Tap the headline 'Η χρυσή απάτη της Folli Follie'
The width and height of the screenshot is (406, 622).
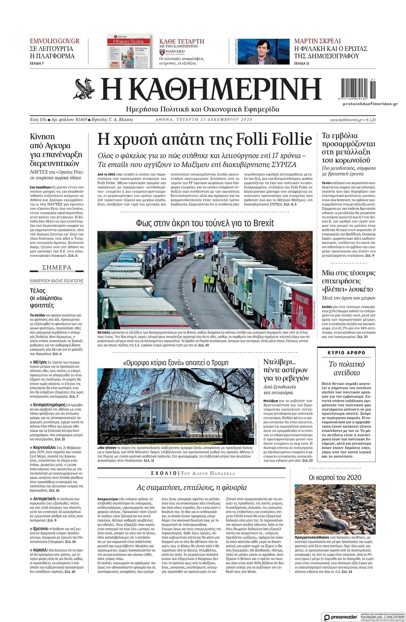204,138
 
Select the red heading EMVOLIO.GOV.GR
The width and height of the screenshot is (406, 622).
55,41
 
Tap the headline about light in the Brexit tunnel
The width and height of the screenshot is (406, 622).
205,223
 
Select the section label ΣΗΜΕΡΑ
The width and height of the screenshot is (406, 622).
57,267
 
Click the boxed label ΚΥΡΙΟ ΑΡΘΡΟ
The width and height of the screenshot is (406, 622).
346,353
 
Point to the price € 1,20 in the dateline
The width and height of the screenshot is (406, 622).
371,120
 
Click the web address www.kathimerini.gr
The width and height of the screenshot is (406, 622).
346,120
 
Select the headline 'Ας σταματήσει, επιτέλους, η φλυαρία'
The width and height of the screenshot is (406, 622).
192,488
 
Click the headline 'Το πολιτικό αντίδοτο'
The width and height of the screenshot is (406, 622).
346,368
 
